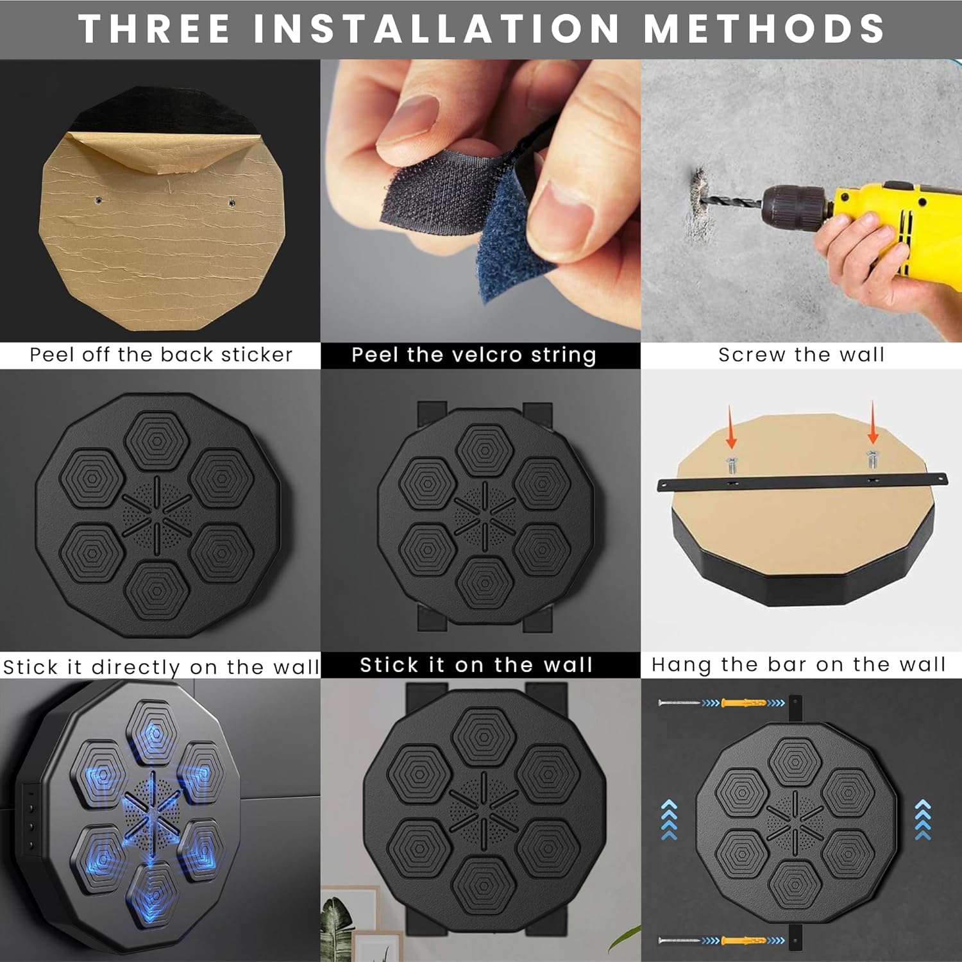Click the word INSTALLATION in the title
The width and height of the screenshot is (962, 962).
[x=437, y=29]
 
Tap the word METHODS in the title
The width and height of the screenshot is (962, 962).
[x=764, y=29]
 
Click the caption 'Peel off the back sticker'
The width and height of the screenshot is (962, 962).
[x=161, y=355]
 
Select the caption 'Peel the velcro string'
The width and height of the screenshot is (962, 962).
[x=474, y=355]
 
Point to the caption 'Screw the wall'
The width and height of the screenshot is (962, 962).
[x=801, y=355]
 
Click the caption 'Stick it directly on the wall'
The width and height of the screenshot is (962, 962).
[x=161, y=667]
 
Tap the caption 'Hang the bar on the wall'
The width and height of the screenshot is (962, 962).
[x=798, y=664]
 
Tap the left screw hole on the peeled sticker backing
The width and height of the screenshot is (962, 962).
[x=98, y=200]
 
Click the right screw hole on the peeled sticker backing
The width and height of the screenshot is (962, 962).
[x=232, y=203]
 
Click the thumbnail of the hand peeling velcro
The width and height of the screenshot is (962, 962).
[x=480, y=201]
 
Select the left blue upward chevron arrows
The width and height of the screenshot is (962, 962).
[x=669, y=820]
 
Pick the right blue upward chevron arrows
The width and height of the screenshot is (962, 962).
[x=923, y=820]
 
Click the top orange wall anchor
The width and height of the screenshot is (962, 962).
[x=745, y=703]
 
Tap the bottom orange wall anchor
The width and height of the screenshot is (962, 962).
[x=745, y=941]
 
